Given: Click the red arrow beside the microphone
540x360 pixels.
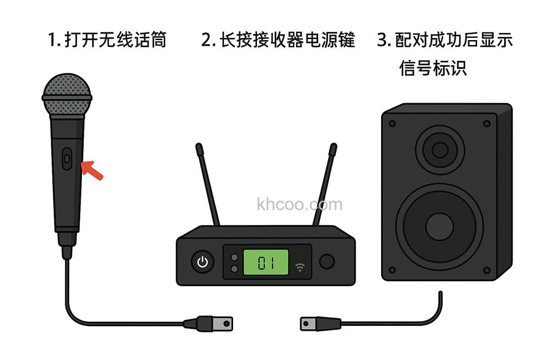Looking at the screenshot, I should click(92, 170).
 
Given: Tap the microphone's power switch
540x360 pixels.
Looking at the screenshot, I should click(67, 158).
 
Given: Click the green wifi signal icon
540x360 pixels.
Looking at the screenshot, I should click(299, 267).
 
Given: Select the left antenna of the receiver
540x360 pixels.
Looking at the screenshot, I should click(207, 184).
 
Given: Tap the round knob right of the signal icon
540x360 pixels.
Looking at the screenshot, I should click(327, 261).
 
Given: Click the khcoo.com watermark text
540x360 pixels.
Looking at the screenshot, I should click(300, 205).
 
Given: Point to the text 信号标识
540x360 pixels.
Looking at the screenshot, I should click(433, 68).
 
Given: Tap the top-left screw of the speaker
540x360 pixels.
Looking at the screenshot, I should click(392, 123).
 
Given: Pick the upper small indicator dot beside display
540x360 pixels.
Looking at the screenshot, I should click(234, 257).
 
